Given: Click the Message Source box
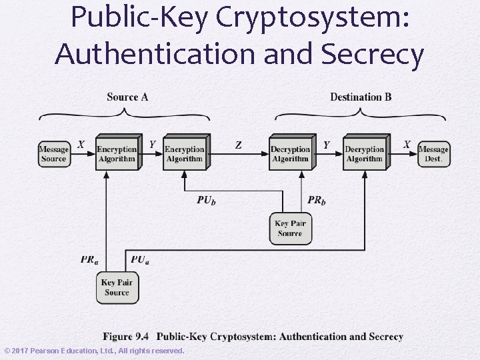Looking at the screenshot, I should (x=53, y=154).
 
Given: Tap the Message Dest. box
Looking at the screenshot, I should (x=433, y=154).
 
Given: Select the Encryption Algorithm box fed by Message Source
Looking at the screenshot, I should (x=117, y=154).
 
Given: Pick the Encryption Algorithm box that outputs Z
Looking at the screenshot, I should (x=185, y=154).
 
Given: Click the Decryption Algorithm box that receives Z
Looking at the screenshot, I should (x=291, y=154).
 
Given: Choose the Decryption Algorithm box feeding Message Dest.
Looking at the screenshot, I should (x=365, y=154).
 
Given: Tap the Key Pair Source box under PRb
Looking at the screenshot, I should (x=291, y=229).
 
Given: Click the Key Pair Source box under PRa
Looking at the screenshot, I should (x=117, y=287).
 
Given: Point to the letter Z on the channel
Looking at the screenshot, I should (x=239, y=145).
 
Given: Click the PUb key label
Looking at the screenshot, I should (x=207, y=199).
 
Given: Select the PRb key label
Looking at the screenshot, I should (x=317, y=199).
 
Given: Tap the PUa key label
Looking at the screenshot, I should (x=140, y=259).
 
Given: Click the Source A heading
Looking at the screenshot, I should (x=127, y=97).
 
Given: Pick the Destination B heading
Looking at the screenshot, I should (x=361, y=97).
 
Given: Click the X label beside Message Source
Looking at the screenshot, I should (x=81, y=144).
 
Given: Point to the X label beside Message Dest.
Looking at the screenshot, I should (x=407, y=144).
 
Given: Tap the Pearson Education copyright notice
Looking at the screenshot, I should (x=94, y=351).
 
